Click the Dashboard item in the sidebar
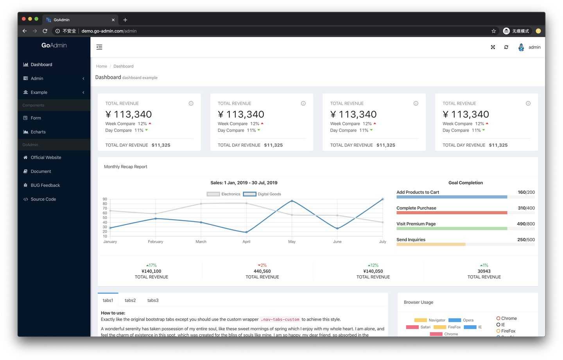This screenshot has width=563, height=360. (x=41, y=64)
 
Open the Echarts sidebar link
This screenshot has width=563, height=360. (x=38, y=132)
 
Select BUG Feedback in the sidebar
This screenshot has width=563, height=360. (x=45, y=185)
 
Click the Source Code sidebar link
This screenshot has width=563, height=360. (x=43, y=199)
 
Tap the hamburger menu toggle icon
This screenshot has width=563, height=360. (x=99, y=47)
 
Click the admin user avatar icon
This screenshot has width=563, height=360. (x=521, y=47)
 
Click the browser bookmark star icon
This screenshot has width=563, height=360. (x=494, y=31)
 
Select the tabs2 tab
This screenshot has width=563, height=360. (x=130, y=300)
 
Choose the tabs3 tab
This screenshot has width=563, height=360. (x=153, y=300)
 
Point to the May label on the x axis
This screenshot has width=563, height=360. (x=292, y=242)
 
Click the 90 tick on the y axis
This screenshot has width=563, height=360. (x=105, y=199)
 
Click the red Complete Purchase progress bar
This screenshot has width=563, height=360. (x=452, y=213)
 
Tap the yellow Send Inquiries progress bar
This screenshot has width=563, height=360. (x=431, y=244)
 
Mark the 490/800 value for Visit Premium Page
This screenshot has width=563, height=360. (x=526, y=224)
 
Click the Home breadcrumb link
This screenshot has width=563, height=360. (x=101, y=66)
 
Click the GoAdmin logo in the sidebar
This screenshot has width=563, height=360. (x=54, y=45)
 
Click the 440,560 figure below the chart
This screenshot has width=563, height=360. (x=262, y=271)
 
